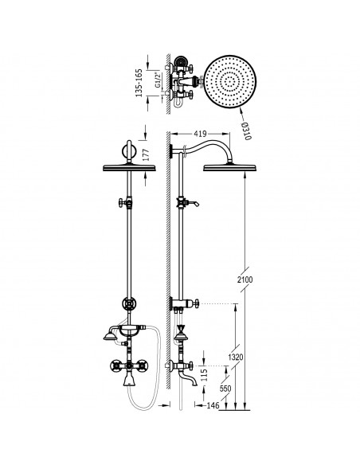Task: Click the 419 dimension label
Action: (x=200, y=134)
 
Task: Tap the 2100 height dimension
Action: (x=245, y=279)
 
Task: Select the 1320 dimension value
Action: (x=236, y=357)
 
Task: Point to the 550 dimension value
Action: (x=225, y=389)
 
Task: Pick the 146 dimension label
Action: (x=213, y=405)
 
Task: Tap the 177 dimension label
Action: (x=147, y=155)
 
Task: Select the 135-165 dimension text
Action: (x=139, y=83)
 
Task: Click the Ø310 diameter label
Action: (x=247, y=131)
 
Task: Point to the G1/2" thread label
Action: (x=158, y=80)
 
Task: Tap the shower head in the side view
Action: (x=229, y=168)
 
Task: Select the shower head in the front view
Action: (x=129, y=168)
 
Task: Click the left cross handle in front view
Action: (x=115, y=365)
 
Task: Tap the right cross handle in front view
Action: (x=143, y=365)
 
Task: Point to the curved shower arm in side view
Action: (x=205, y=147)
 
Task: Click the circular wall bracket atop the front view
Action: (x=129, y=151)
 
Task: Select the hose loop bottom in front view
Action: (x=143, y=408)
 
